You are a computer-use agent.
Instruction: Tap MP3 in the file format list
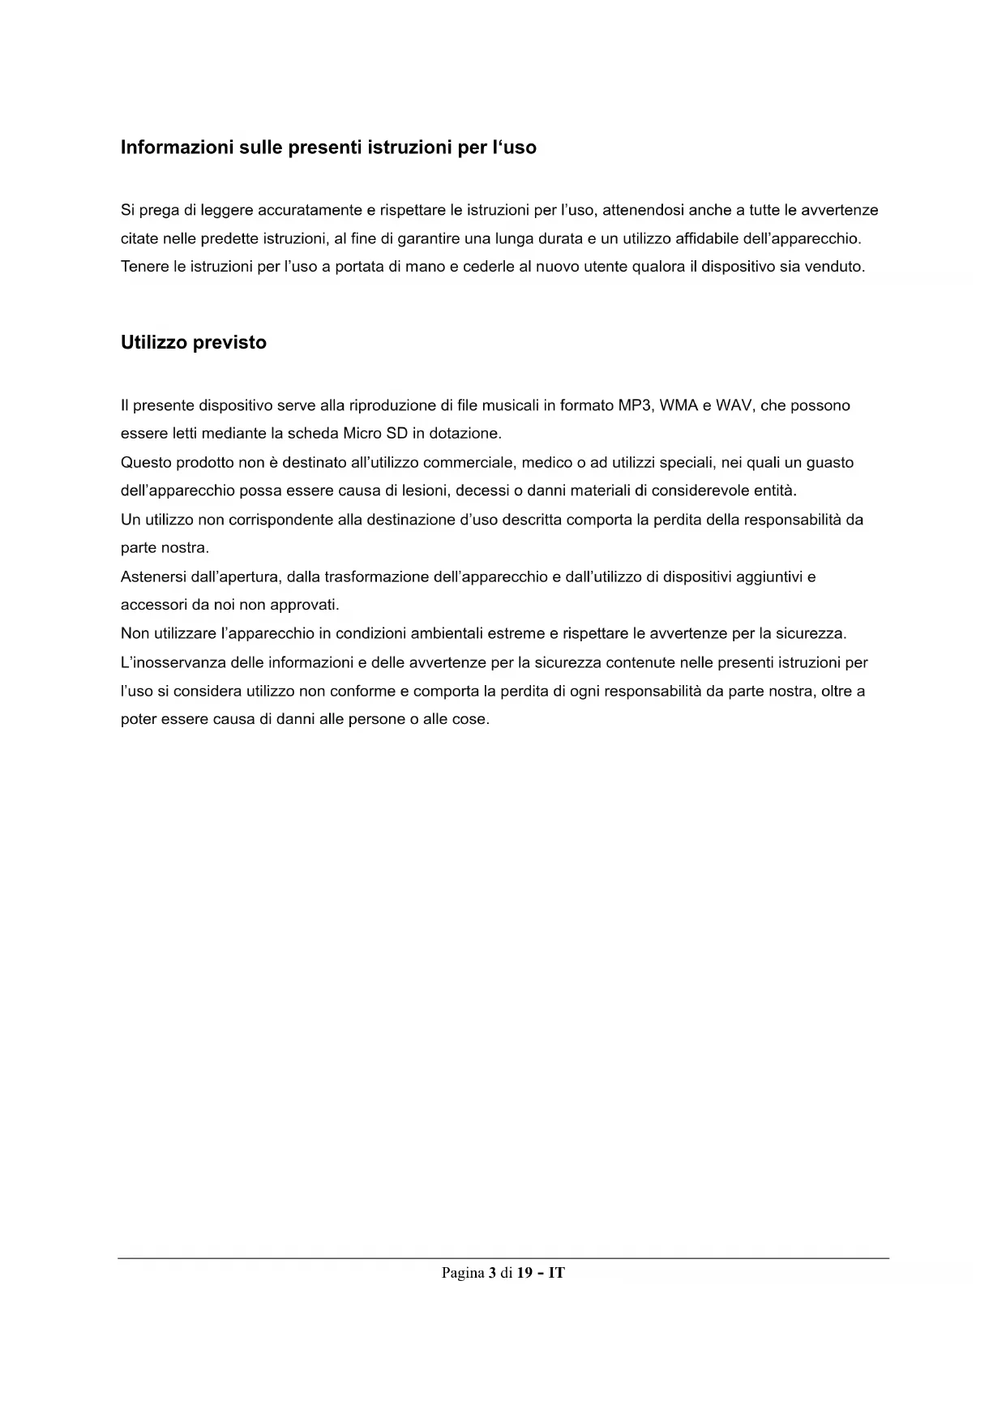coord(636,405)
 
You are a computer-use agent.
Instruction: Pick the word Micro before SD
coord(362,433)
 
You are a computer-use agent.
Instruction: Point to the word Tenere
coord(144,266)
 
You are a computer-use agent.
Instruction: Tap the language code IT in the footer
coord(557,1273)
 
